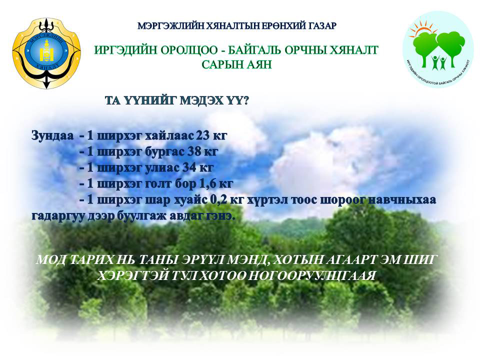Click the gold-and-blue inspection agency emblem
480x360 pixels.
[x=46, y=53]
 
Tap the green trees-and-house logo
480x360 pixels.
[x=438, y=50]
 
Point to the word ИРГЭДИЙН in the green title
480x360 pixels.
[x=125, y=50]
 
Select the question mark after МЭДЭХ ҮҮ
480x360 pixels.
[x=245, y=100]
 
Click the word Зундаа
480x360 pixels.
[x=52, y=135]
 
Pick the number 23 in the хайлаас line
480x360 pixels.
[x=202, y=135]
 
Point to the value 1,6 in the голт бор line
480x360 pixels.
[x=208, y=183]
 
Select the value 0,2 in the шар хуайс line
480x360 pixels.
[x=219, y=200]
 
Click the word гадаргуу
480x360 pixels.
[x=58, y=216]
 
